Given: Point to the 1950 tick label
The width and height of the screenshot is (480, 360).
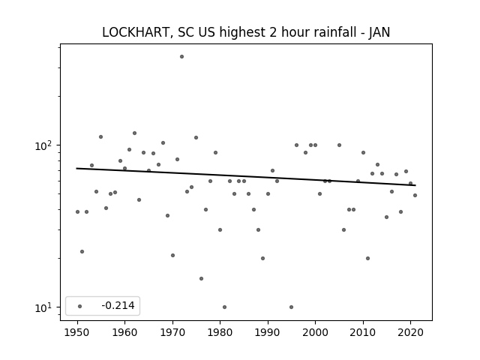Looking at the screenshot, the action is pos(77,332).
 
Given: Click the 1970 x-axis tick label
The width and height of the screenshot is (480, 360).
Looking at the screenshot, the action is pos(173,332).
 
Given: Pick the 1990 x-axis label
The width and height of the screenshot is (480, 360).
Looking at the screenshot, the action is pos(268,332).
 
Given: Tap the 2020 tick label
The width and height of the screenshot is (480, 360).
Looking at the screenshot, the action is pos(411,332).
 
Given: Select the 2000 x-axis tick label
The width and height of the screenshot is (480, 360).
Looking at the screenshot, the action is pos(316,332).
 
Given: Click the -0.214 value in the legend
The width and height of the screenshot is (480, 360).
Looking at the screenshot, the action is pos(118,305).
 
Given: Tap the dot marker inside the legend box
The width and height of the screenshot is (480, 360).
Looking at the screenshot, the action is pos(80,306).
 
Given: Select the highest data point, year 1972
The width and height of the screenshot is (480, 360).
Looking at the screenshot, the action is pos(181,57).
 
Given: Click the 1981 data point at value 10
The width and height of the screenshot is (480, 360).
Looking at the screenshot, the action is pos(225,307).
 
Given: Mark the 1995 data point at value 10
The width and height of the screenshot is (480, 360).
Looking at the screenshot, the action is pos(292,307).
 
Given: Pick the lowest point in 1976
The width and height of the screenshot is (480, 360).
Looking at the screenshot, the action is pos(201,278).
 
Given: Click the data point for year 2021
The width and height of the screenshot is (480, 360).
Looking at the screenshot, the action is pos(415,195).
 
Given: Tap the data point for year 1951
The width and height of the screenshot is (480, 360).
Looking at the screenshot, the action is pos(82,252).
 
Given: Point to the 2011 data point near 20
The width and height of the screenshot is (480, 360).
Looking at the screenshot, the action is pos(367,258).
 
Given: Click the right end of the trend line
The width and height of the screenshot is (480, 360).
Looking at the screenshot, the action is pos(415,185).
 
